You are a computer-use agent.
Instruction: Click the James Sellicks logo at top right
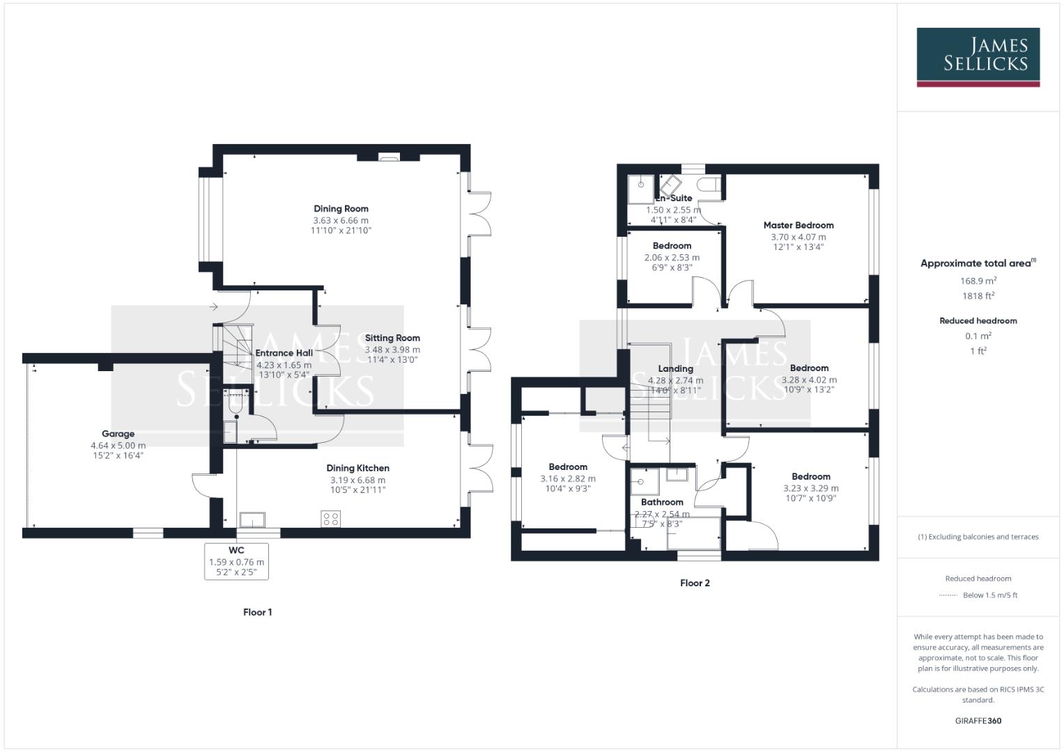(978, 56)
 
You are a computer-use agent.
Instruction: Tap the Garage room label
(118, 434)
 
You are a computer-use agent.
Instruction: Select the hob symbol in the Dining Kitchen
(331, 519)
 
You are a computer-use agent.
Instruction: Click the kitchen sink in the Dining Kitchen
(252, 520)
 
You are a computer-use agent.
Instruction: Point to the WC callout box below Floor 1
(236, 561)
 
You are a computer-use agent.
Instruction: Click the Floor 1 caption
(257, 612)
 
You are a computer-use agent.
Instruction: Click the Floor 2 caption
(695, 583)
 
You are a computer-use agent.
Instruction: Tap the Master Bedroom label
(798, 225)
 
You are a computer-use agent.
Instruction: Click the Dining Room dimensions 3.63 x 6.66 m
(341, 220)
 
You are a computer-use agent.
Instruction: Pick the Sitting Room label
(392, 338)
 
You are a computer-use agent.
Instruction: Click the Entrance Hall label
(284, 353)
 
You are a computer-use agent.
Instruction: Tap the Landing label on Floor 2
(675, 368)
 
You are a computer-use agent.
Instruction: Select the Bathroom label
(662, 502)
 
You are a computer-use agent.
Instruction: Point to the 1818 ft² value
(978, 295)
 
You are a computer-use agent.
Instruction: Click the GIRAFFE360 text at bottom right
(978, 721)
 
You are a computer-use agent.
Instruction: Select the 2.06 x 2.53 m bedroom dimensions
(672, 257)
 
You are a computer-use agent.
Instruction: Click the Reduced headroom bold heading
(978, 321)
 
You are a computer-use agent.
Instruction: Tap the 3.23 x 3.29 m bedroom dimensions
(810, 488)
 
